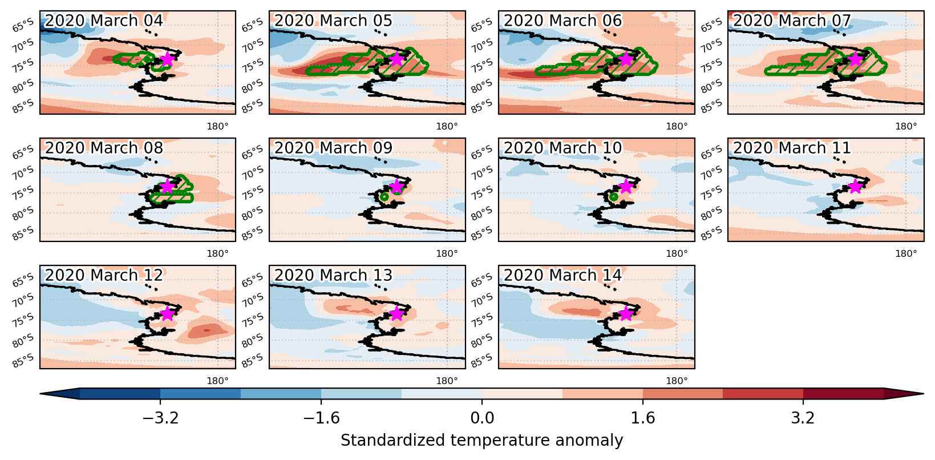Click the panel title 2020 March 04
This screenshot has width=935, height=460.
(103, 21)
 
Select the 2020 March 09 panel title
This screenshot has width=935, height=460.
(333, 148)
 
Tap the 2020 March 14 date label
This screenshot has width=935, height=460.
(562, 275)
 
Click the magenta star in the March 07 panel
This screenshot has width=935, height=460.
(855, 59)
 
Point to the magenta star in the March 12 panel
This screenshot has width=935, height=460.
(167, 313)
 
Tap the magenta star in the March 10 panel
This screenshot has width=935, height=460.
(626, 186)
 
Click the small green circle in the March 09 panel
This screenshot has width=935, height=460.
(384, 196)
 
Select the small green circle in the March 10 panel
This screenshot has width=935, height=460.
(613, 196)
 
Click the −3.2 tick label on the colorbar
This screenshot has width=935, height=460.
(160, 417)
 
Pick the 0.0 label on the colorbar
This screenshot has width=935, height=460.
(482, 417)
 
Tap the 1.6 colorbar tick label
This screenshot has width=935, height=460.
(643, 417)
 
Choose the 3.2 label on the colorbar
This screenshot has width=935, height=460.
(803, 417)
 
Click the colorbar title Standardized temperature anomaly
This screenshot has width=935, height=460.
(481, 441)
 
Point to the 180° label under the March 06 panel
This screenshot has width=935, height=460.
(677, 126)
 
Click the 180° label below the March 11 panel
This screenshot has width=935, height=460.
(906, 253)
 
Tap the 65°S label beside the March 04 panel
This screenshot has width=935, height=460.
(23, 26)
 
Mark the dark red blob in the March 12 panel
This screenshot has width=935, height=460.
(207, 330)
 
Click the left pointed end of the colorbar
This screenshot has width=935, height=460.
(41, 394)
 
